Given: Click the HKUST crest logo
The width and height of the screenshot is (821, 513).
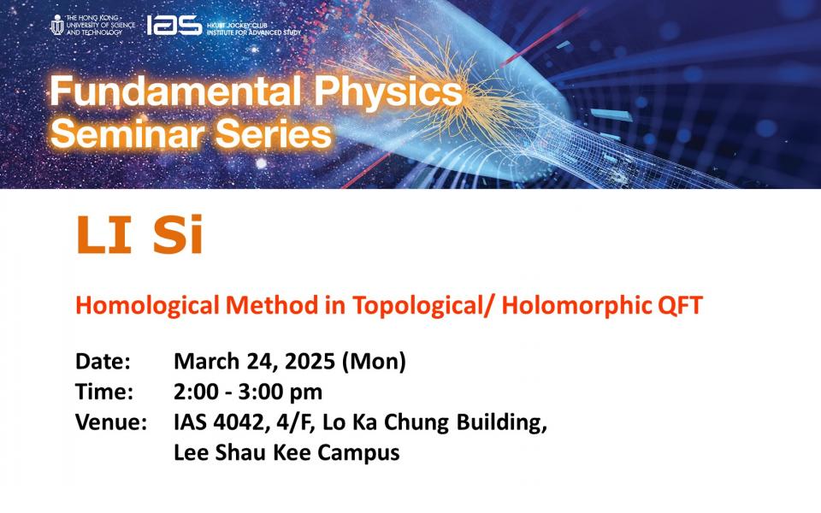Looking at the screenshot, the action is pyautogui.click(x=57, y=25).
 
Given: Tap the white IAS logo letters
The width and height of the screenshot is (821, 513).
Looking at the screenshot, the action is pyautogui.click(x=174, y=25).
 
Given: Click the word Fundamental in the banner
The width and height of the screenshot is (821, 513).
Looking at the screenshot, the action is pyautogui.click(x=175, y=91).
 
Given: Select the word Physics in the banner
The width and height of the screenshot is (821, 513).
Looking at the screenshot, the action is pyautogui.click(x=388, y=92).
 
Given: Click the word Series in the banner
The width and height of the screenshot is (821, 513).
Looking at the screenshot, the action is pyautogui.click(x=274, y=133).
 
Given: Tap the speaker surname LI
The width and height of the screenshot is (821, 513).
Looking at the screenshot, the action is pyautogui.click(x=103, y=235).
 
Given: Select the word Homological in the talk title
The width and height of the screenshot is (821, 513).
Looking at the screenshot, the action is pyautogui.click(x=147, y=306).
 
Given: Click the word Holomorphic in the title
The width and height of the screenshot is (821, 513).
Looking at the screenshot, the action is pyautogui.click(x=576, y=306).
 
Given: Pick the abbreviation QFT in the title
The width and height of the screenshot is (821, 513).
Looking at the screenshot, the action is pyautogui.click(x=680, y=305).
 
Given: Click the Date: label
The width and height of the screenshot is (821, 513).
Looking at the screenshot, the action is pyautogui.click(x=103, y=361).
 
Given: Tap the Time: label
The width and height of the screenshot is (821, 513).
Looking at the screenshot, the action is pyautogui.click(x=104, y=392).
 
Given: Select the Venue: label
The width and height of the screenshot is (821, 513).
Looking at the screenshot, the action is pyautogui.click(x=111, y=422).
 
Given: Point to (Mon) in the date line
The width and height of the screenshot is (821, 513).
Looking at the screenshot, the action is pyautogui.click(x=374, y=362).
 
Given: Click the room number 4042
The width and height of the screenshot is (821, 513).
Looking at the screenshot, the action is pyautogui.click(x=239, y=422).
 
